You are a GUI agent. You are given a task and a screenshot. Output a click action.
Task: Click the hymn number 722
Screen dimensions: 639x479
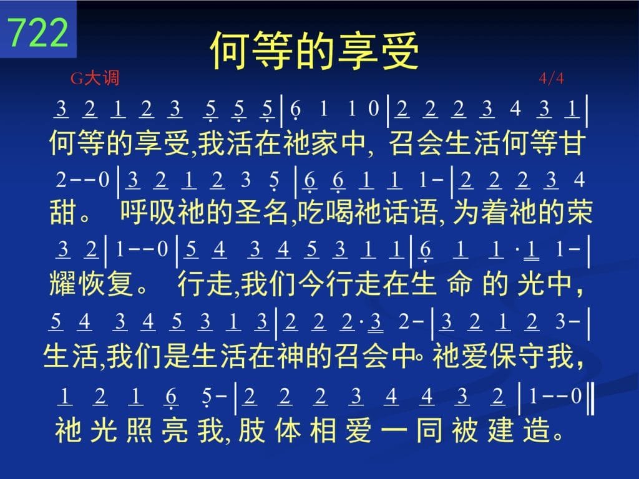[x=38, y=32]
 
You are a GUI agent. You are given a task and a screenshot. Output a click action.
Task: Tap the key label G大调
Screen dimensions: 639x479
[x=95, y=78]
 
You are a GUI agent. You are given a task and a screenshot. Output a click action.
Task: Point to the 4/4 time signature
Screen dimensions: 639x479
[x=552, y=78]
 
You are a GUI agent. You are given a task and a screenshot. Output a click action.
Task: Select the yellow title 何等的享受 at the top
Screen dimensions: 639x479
[x=315, y=51]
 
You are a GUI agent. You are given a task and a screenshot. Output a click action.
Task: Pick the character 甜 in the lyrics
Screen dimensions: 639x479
[x=63, y=213]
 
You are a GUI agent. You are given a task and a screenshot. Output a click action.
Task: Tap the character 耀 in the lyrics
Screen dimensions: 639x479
[x=62, y=283]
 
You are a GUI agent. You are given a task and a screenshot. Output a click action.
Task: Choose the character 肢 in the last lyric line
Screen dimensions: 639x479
[x=252, y=430]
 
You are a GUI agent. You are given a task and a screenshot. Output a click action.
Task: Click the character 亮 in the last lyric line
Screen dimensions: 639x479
[x=175, y=430]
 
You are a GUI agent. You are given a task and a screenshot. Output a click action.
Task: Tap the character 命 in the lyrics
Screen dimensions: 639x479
[x=460, y=283]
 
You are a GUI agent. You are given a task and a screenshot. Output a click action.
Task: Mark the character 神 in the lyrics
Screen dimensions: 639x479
[x=290, y=356]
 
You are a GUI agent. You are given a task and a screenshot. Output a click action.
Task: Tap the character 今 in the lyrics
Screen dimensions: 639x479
[x=312, y=283]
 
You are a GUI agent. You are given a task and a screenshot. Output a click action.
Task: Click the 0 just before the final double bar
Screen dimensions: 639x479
[x=576, y=395]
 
